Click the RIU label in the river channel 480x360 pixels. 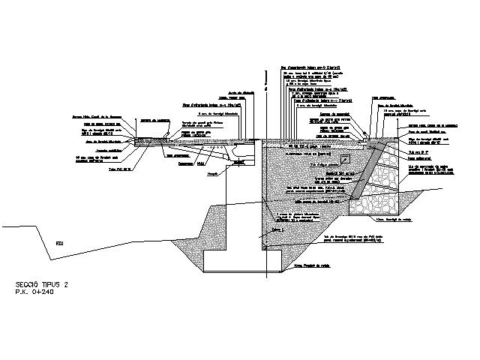point(60,241)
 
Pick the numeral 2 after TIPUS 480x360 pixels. point(67,284)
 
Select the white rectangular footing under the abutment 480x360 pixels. point(232,260)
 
